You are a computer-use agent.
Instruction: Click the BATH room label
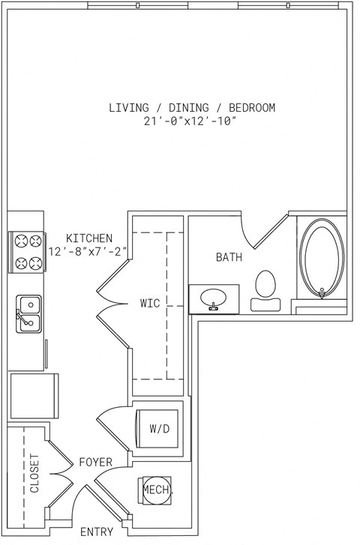coord(229,257)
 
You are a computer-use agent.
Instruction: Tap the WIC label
coord(150,303)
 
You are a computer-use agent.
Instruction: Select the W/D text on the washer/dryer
coord(159,429)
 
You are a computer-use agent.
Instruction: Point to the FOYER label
coord(96,463)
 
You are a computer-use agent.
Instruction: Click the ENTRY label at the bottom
coord(97,532)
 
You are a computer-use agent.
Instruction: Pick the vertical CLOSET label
coord(34,473)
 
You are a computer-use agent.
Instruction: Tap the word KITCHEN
coord(89,238)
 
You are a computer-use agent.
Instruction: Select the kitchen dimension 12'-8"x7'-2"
coord(87,251)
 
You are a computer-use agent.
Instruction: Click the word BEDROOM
coord(252,107)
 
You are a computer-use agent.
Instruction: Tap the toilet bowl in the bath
coord(265,284)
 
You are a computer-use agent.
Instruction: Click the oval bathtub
coord(322,257)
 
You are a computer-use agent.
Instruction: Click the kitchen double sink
coord(29,313)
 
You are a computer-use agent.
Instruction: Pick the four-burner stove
coord(26,252)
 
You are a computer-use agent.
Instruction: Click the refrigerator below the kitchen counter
coord(34,396)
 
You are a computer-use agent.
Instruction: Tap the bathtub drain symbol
coord(322,294)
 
